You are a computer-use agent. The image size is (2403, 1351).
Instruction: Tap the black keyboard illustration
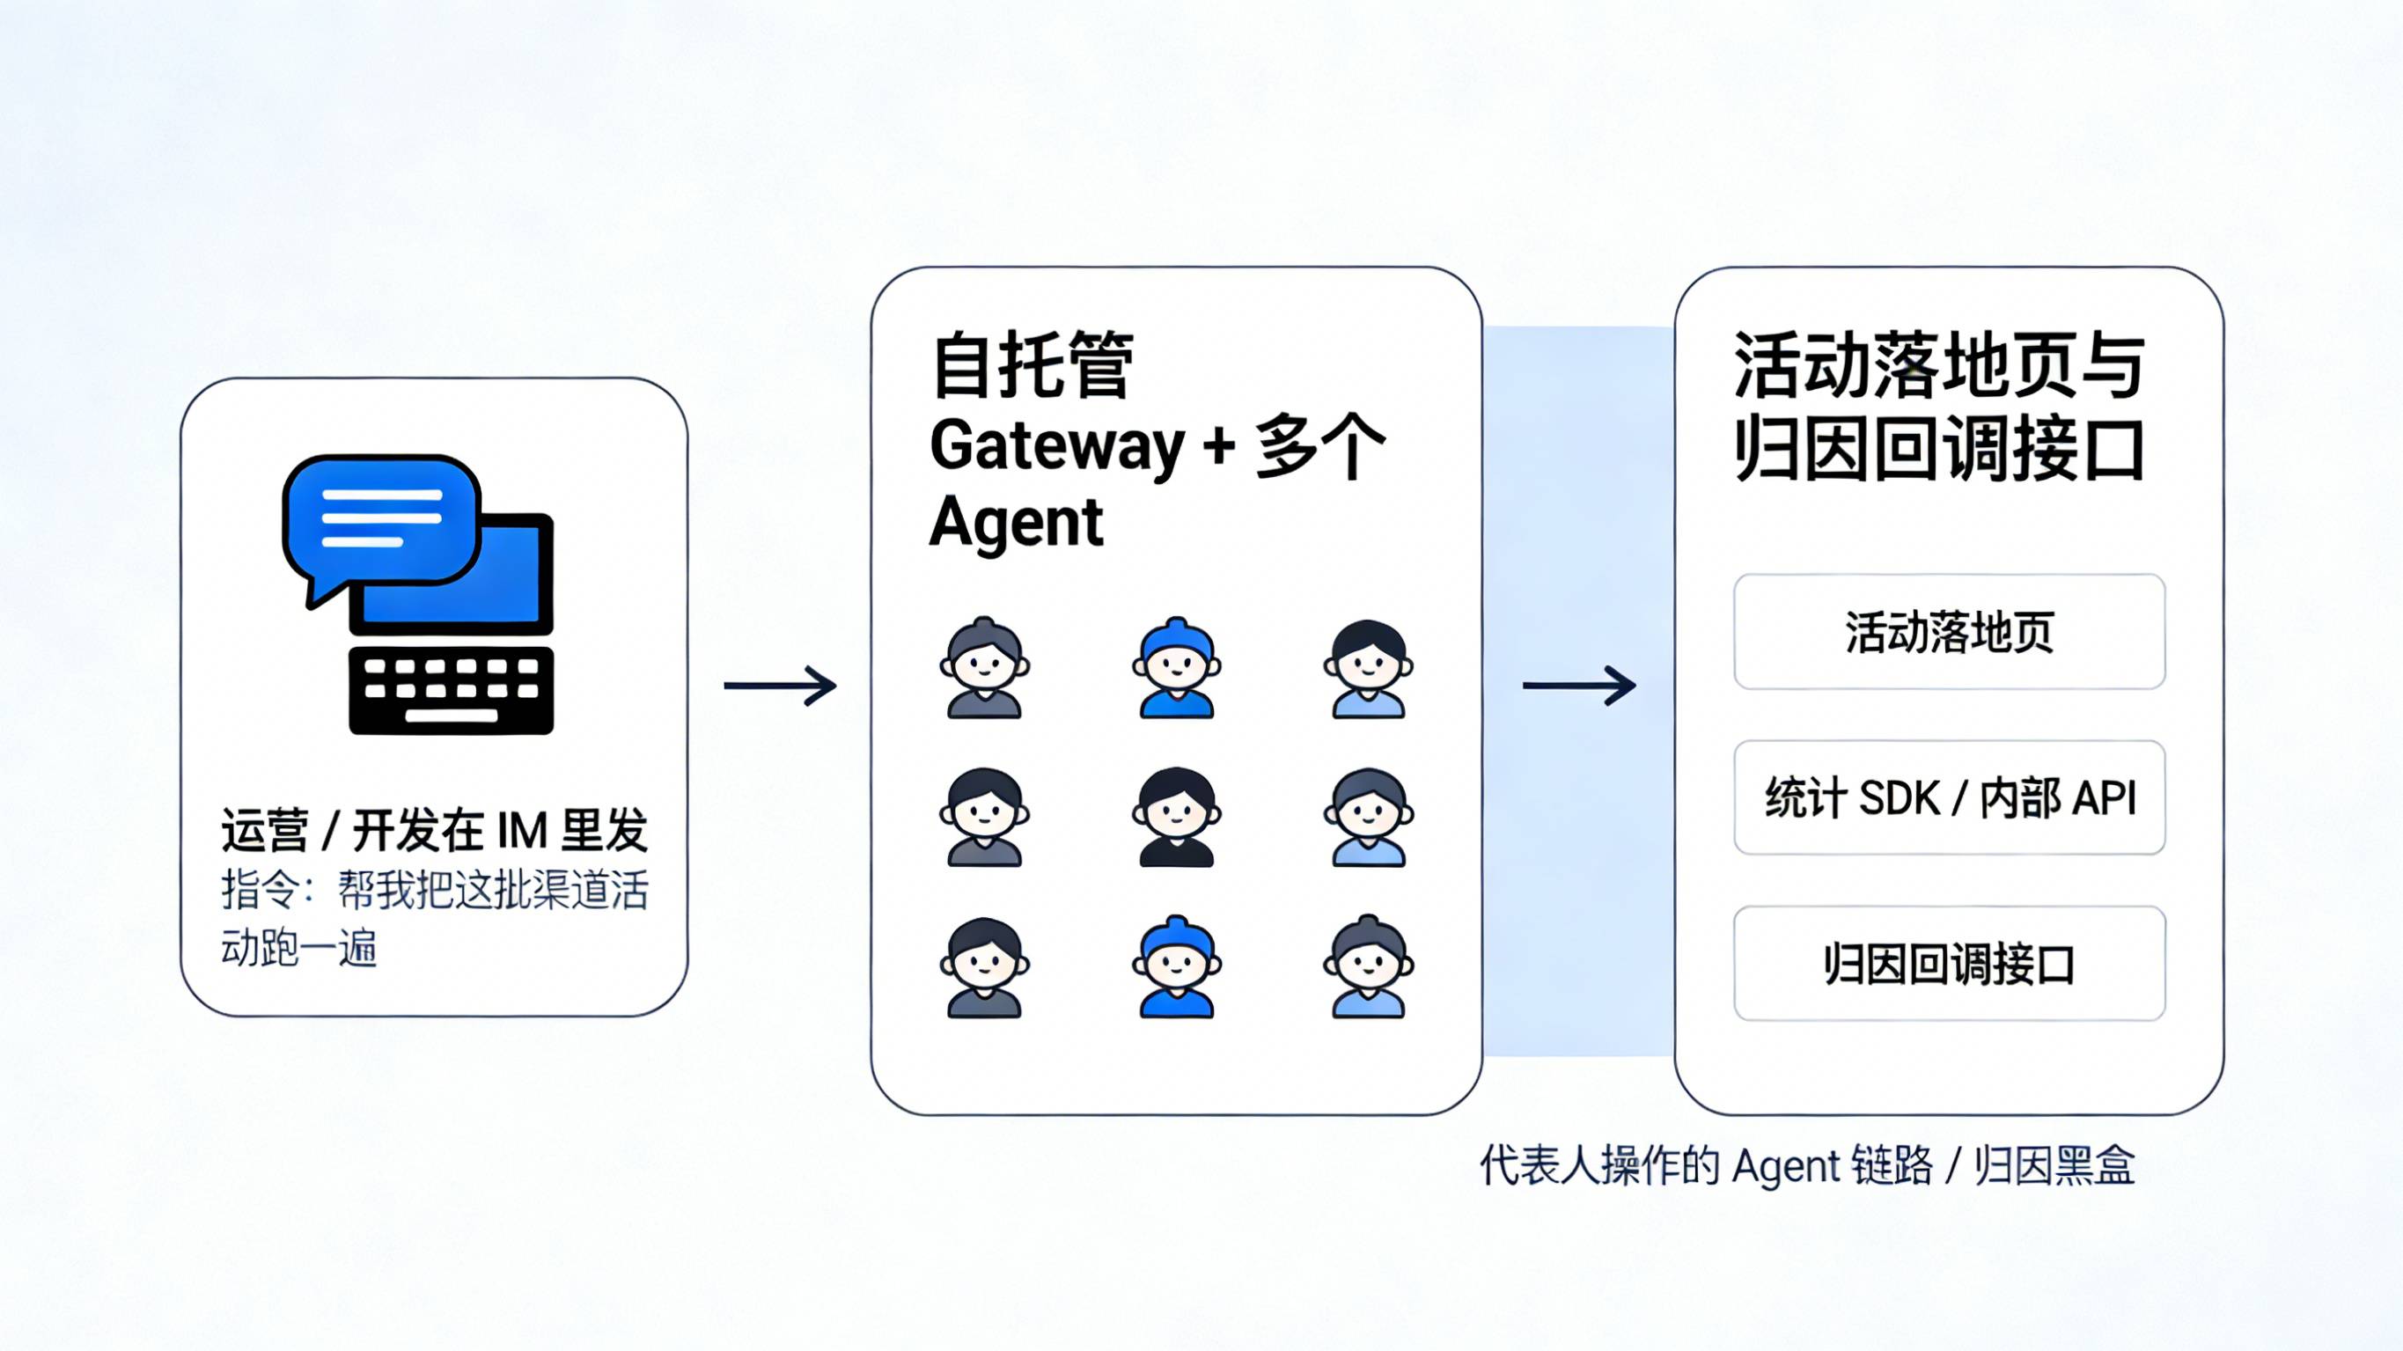[452, 690]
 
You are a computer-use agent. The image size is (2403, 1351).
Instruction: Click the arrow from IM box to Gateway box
[780, 686]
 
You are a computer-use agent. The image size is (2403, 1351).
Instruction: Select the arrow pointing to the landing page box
[1578, 686]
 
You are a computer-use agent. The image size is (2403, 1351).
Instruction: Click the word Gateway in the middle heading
[1056, 446]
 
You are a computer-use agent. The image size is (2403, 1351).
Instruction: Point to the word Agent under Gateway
[1016, 523]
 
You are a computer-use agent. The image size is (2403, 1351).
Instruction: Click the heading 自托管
[1032, 364]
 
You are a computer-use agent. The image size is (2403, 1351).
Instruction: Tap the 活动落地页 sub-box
[1949, 632]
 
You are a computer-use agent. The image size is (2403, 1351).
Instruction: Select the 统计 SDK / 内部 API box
[1949, 797]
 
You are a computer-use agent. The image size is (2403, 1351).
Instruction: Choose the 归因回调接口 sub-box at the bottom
[1949, 964]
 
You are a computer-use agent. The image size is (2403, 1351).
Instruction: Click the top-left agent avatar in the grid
[984, 668]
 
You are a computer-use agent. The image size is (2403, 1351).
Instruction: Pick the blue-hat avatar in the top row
[1176, 668]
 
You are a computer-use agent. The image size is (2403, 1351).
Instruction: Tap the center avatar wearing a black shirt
[1176, 818]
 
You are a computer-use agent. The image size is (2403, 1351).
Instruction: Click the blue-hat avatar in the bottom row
[1176, 966]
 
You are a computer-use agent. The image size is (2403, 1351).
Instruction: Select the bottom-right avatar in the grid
[1369, 966]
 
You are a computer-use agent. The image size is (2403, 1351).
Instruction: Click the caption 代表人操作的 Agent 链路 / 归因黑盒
[1807, 1165]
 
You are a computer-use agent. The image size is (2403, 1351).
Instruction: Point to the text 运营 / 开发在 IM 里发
[435, 829]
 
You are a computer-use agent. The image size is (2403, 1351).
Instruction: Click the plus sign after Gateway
[1218, 446]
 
